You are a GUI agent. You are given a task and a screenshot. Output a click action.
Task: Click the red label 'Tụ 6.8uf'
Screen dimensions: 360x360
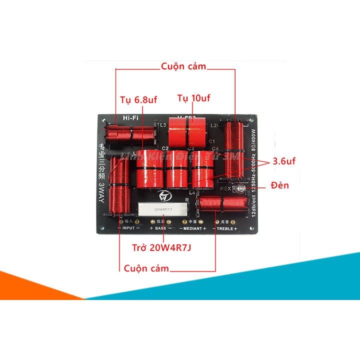click(x=139, y=100)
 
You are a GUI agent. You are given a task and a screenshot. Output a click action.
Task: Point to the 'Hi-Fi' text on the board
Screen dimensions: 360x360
click(x=130, y=118)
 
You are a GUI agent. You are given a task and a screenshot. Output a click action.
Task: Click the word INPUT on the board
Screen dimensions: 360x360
click(x=128, y=228)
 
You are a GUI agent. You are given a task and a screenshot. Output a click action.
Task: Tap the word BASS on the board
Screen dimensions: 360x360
click(x=160, y=228)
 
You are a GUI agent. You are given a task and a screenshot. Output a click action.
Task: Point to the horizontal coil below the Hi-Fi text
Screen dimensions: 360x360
click(x=131, y=133)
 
